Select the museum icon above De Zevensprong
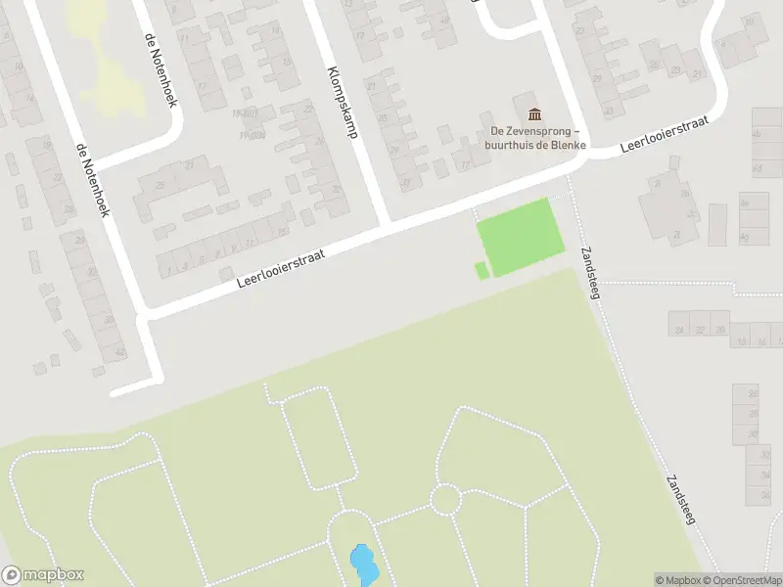pyautogui.click(x=533, y=114)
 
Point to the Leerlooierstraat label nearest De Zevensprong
pyautogui.click(x=664, y=136)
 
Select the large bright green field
pyautogui.click(x=520, y=236)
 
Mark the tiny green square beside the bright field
pyautogui.click(x=482, y=270)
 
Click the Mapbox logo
pyautogui.click(x=43, y=575)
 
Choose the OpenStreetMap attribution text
pyautogui.click(x=740, y=580)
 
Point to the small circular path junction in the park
pyautogui.click(x=445, y=499)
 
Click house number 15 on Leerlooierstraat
pyautogui.click(x=283, y=232)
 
